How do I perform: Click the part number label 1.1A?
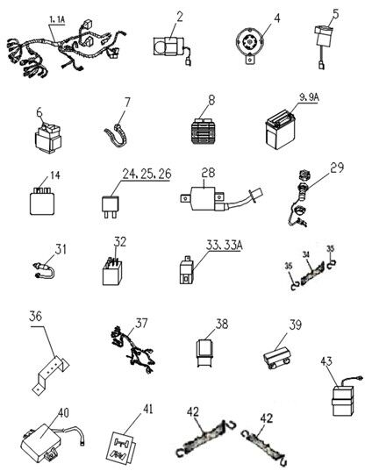57,20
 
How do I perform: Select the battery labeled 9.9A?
281,130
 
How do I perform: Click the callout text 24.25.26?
147,174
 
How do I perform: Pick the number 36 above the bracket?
35,317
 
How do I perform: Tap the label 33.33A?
224,245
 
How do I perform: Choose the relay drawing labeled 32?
112,272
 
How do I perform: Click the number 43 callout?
326,361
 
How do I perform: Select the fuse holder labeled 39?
277,357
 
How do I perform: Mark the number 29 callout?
337,168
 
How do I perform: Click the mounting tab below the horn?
250,59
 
